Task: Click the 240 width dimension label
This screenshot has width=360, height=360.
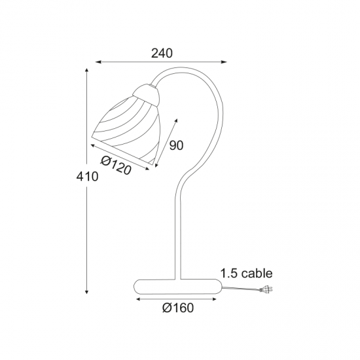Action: coord(162,53)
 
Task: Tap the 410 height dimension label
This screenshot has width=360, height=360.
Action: coord(87,177)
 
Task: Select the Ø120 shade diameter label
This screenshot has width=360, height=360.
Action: coord(116,165)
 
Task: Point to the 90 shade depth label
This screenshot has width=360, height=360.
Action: coord(176,145)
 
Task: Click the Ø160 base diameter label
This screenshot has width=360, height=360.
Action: coord(178,308)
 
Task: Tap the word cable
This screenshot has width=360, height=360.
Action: coord(257,273)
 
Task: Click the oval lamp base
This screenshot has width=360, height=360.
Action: coord(178,287)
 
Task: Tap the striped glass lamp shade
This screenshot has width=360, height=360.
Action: coord(126,131)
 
